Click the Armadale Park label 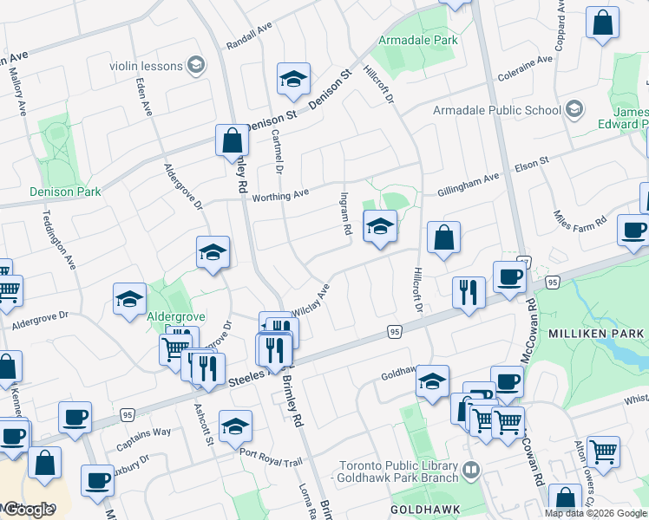pyautogui.click(x=417, y=40)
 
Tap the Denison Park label pyautogui.click(x=65, y=192)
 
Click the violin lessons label pyautogui.click(x=146, y=66)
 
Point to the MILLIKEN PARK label pyautogui.click(x=594, y=334)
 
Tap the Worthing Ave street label pyautogui.click(x=280, y=197)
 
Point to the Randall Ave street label pyautogui.click(x=249, y=36)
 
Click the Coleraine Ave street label pyautogui.click(x=526, y=68)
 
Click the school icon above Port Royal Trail pyautogui.click(x=235, y=426)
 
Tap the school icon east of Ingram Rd pyautogui.click(x=379, y=227)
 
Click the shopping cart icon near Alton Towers pyautogui.click(x=603, y=452)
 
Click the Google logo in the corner pyautogui.click(x=29, y=510)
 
